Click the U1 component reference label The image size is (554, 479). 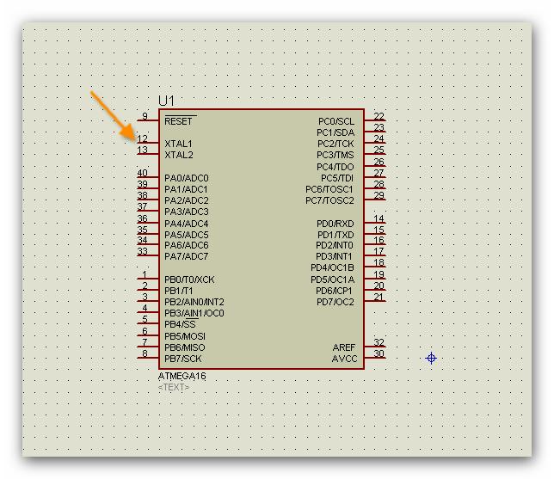click(x=166, y=101)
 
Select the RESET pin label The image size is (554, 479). click(x=179, y=121)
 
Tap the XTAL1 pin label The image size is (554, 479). click(x=179, y=144)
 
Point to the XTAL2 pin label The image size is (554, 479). click(x=179, y=155)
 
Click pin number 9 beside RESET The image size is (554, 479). click(x=144, y=116)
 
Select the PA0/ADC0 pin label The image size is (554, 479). click(x=186, y=178)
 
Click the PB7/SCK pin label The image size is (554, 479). click(x=183, y=359)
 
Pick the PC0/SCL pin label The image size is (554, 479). click(x=335, y=121)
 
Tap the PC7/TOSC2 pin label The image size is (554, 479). click(x=329, y=200)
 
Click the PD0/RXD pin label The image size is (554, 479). click(x=335, y=224)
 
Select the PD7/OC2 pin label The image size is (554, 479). click(x=335, y=302)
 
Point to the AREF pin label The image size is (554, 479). click(x=344, y=347)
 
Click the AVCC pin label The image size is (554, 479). click(x=344, y=359)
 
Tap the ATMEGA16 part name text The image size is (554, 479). click(x=182, y=377)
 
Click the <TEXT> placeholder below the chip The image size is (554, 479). click(x=174, y=388)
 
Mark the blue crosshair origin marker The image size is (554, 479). click(x=431, y=358)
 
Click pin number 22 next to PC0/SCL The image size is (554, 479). click(x=379, y=116)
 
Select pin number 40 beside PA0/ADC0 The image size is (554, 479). click(x=142, y=173)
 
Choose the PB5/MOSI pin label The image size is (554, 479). click(x=185, y=336)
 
